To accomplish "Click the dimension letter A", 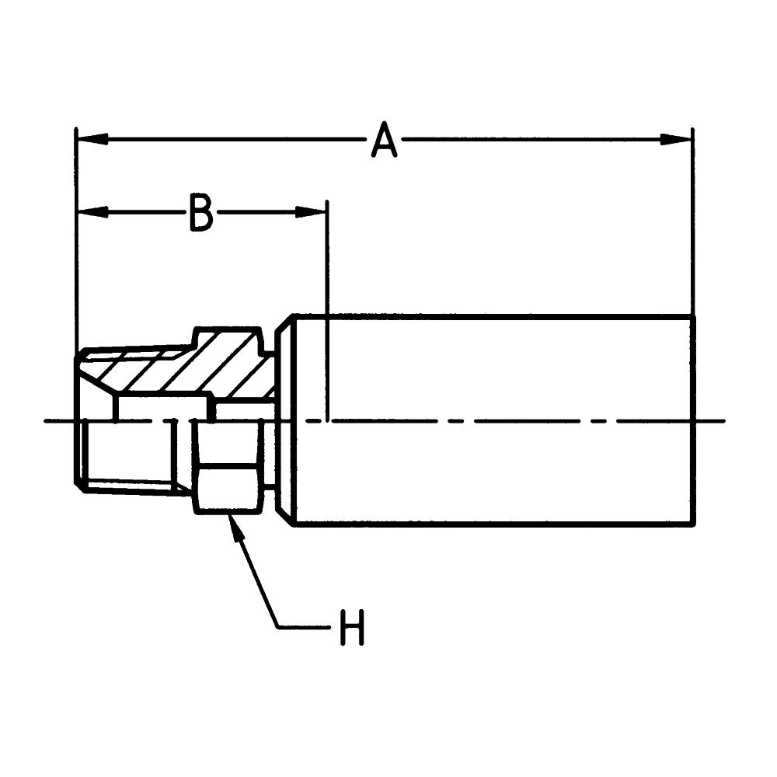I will (x=384, y=141).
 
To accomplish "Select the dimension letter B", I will (x=201, y=213).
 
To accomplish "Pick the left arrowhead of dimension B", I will (x=92, y=212).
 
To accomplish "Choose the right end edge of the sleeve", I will (x=693, y=420).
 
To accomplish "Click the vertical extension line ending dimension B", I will (x=327, y=311).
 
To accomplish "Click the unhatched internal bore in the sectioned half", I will (x=163, y=407).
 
